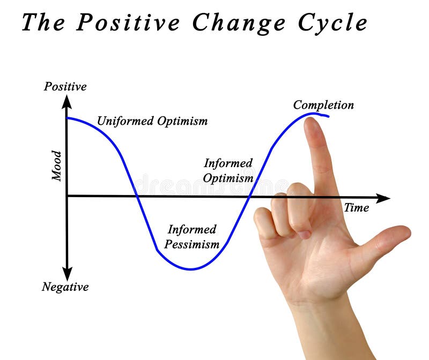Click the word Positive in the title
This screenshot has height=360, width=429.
(128, 23)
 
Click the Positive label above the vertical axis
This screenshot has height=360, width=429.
(65, 86)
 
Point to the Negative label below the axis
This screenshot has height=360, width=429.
(65, 287)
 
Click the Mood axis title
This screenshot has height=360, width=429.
(57, 166)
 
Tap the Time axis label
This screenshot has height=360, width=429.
(356, 208)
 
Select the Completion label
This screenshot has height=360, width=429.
(323, 105)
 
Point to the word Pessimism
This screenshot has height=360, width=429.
(192, 244)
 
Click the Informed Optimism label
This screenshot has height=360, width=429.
(228, 170)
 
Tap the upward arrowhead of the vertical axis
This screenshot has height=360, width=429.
(66, 100)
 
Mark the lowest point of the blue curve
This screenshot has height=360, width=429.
(190, 269)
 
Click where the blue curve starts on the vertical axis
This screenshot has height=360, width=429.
(67, 117)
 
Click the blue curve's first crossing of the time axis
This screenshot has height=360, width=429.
(138, 196)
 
